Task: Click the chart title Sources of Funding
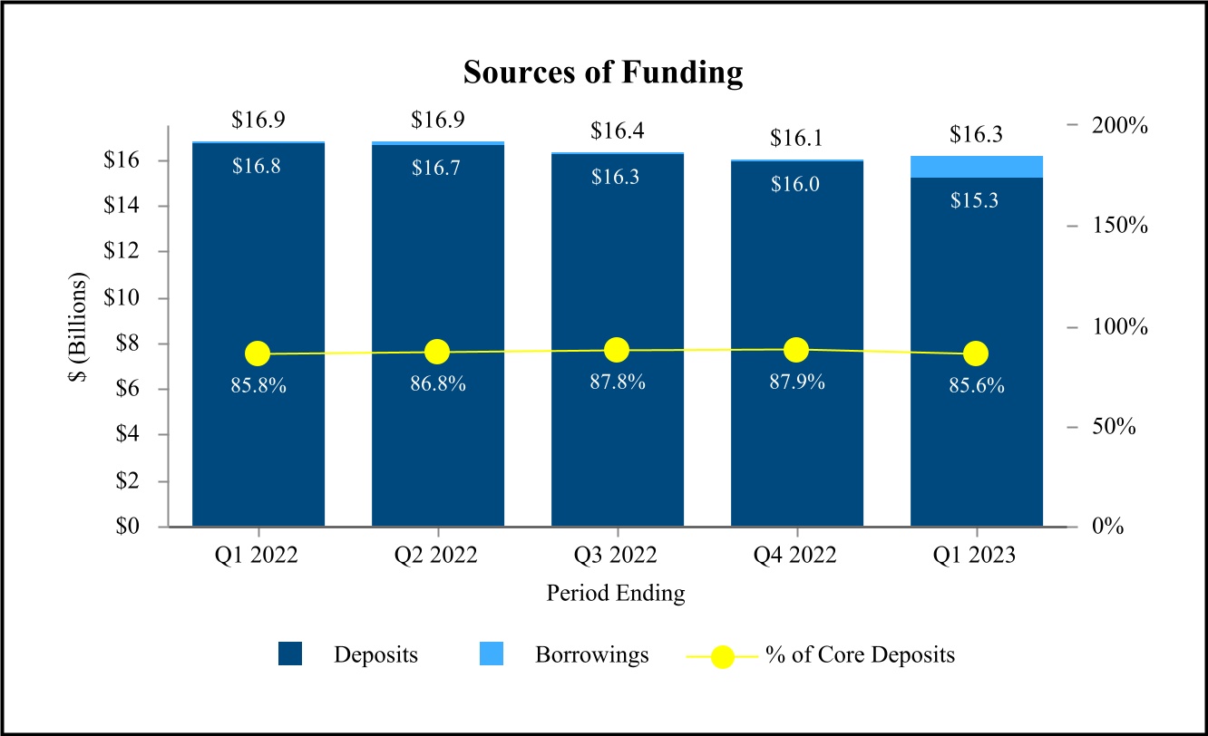[x=603, y=73]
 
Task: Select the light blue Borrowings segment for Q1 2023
[x=976, y=167]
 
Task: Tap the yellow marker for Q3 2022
[x=617, y=350]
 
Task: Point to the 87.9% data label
[x=796, y=382]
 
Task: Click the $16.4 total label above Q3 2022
[x=617, y=131]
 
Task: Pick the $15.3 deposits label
[x=974, y=200]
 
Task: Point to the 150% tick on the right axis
[x=1119, y=225]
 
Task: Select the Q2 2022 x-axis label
[x=435, y=555]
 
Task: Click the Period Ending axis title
[x=615, y=593]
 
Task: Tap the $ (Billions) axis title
[x=78, y=326]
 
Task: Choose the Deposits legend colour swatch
[x=290, y=654]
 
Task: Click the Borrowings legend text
[x=591, y=655]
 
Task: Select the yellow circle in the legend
[x=722, y=656]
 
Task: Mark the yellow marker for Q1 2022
[x=258, y=354]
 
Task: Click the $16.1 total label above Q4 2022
[x=796, y=139]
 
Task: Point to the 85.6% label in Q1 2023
[x=976, y=386]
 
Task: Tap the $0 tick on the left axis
[x=127, y=526]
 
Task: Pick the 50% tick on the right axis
[x=1114, y=427]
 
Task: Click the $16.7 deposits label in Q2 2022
[x=435, y=168]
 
